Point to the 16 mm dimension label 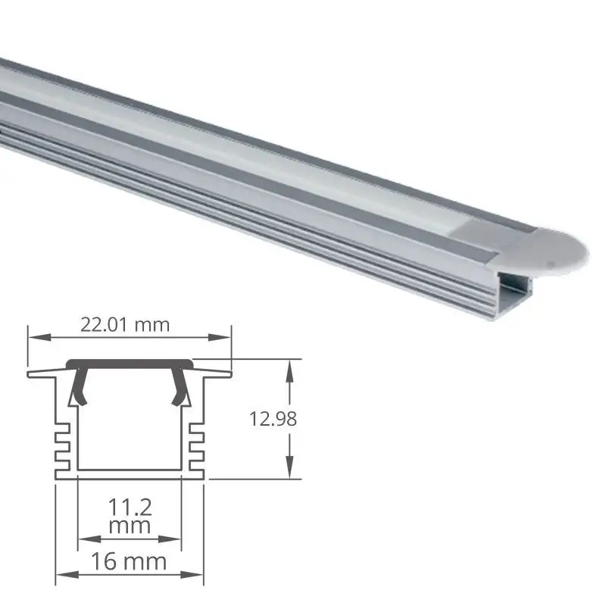click(x=130, y=561)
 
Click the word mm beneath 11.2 click(x=130, y=524)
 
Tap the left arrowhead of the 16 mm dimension click(x=62, y=573)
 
